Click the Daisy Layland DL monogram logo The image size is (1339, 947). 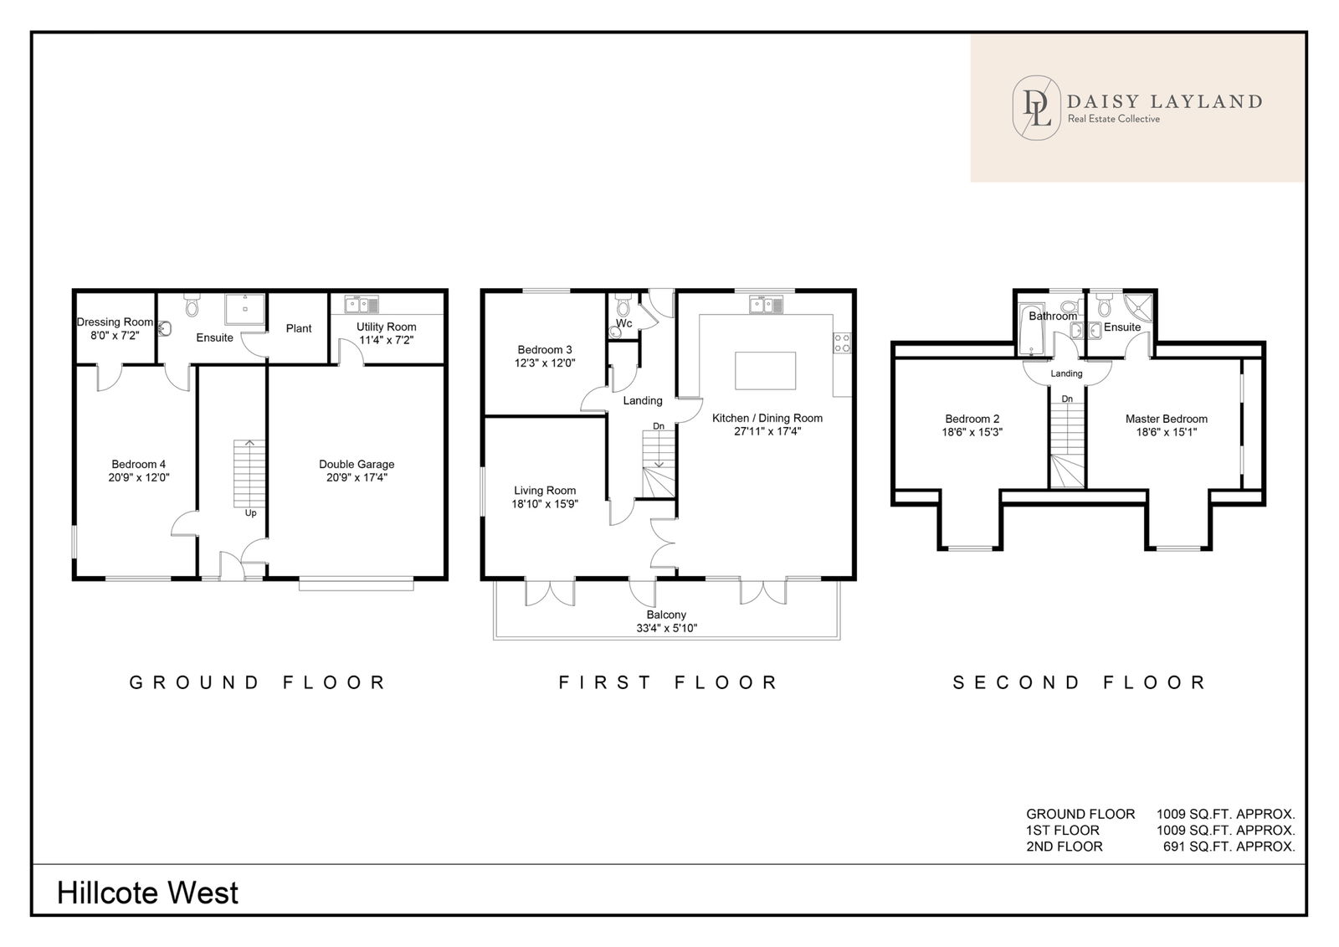click(1037, 108)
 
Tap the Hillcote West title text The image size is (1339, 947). click(147, 893)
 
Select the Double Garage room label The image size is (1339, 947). click(357, 464)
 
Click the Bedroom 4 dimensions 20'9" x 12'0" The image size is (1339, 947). click(139, 477)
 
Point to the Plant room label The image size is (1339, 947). click(298, 328)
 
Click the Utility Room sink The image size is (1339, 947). click(362, 305)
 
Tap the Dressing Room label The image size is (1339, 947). click(115, 322)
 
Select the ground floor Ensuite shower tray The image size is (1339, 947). click(244, 309)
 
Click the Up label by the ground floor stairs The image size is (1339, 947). click(250, 512)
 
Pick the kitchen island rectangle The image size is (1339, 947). click(765, 371)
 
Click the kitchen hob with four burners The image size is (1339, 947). click(842, 342)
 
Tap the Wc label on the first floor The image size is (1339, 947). click(624, 323)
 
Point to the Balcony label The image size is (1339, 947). click(666, 615)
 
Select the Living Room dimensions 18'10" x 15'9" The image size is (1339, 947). click(545, 504)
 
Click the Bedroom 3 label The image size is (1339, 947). click(545, 349)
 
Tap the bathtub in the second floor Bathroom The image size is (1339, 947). click(1031, 329)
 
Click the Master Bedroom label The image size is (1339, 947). click(1167, 419)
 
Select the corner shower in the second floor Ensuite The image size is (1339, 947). click(1139, 309)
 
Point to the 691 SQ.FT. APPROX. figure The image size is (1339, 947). click(1229, 847)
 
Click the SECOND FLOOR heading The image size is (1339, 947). click(1079, 682)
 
